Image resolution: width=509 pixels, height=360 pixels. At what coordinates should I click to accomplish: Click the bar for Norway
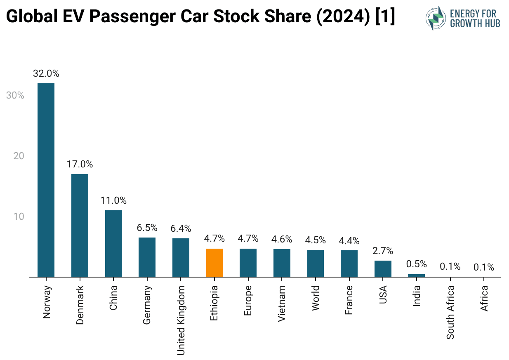point(46,180)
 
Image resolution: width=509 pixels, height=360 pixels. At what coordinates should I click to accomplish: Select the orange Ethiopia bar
point(214,263)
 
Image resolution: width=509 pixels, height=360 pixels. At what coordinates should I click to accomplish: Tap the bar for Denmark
point(80,225)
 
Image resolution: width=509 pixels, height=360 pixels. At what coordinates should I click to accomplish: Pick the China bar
point(113,243)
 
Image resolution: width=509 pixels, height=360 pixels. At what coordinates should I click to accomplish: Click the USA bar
point(383,268)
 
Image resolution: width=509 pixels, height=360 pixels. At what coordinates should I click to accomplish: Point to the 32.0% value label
point(46,74)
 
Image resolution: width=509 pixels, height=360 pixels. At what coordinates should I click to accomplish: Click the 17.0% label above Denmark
point(80,164)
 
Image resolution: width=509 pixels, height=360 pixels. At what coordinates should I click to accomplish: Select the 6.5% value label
point(147,228)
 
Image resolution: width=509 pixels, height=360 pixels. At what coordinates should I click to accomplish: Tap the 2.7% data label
point(383,251)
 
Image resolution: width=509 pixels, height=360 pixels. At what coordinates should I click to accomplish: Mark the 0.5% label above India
point(417,264)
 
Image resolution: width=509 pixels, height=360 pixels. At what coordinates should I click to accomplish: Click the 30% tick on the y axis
point(15,95)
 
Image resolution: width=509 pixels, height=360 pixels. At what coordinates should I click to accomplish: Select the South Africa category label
point(450,312)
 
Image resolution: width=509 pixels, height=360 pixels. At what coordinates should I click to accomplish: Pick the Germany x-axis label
point(147,305)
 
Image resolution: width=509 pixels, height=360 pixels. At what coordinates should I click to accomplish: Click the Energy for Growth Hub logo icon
point(436,18)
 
